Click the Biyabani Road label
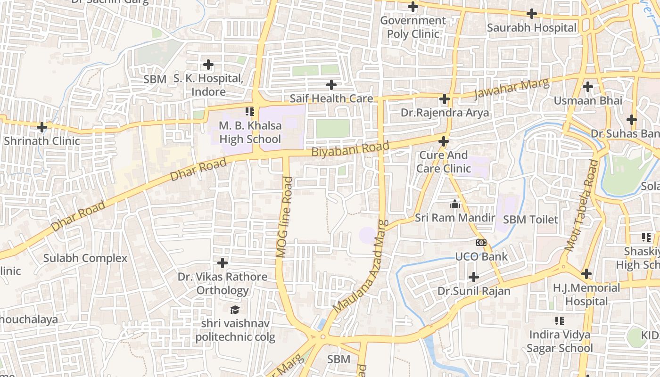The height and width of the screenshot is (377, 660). [x=350, y=149]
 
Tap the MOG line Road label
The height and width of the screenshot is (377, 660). [x=285, y=217]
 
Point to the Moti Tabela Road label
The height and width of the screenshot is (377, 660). [x=581, y=205]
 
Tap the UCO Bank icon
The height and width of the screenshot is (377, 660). [x=481, y=243]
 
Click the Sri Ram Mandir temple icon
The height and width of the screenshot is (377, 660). [x=454, y=204]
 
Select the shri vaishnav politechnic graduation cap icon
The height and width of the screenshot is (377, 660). [x=235, y=310]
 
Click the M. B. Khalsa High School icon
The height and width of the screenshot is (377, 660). [x=250, y=112]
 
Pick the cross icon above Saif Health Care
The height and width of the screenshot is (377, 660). [x=331, y=85]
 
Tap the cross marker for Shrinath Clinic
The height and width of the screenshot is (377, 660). [x=42, y=127]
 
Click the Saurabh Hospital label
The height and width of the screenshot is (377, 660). [x=531, y=28]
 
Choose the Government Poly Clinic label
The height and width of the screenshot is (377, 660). [x=413, y=27]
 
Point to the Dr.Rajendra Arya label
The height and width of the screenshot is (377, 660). [x=445, y=113]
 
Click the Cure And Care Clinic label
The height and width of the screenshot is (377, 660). [x=444, y=162]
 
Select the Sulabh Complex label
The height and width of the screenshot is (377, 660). [x=85, y=258]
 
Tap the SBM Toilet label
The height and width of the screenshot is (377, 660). [x=530, y=220]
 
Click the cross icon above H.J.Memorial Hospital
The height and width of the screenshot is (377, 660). [x=586, y=273]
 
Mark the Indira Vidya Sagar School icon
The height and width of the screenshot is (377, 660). [x=560, y=321]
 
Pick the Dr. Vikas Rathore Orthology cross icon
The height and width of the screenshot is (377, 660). [x=223, y=262]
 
